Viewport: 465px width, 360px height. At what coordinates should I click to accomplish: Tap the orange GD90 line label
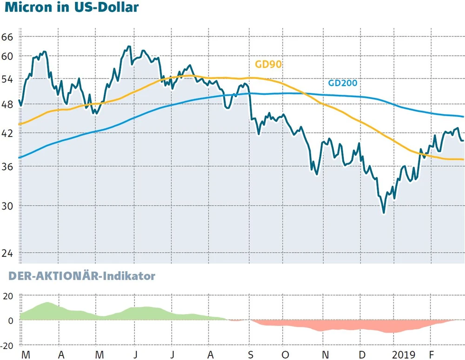click(x=269, y=65)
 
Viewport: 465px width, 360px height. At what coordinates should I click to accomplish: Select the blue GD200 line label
click(x=343, y=84)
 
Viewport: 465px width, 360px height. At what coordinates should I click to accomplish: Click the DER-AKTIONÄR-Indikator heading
click(x=82, y=276)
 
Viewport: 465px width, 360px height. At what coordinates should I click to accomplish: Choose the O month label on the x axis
click(x=287, y=355)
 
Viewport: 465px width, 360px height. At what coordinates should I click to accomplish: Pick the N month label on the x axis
click(x=326, y=355)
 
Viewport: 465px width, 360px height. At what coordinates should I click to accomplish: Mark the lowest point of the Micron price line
click(x=384, y=213)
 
